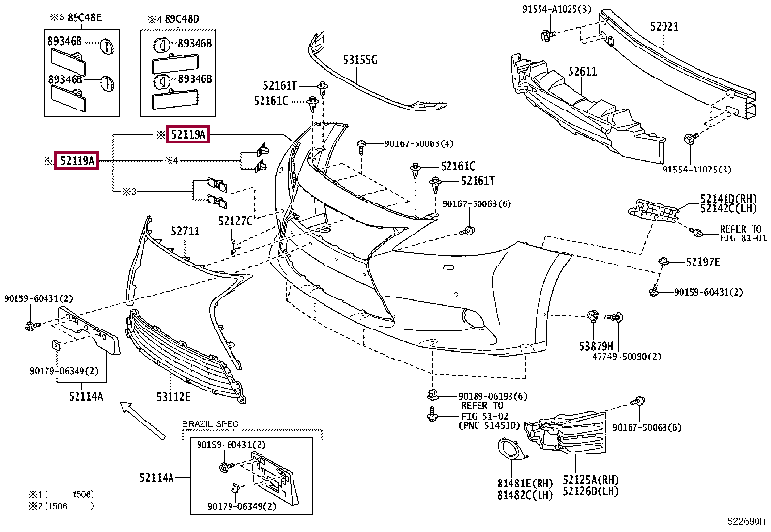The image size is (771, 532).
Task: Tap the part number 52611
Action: pos(582,72)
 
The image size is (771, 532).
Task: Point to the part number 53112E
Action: pos(173,395)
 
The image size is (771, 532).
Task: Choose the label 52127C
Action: pos(234,221)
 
